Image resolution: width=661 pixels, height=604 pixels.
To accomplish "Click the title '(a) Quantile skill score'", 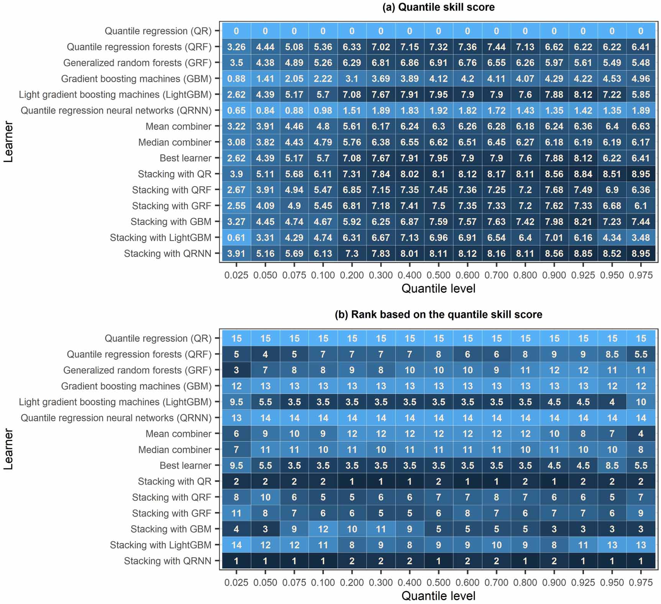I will [438, 7].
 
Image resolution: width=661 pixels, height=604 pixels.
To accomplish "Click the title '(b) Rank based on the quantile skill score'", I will [438, 315].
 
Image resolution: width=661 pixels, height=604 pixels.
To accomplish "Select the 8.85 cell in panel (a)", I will [583, 254].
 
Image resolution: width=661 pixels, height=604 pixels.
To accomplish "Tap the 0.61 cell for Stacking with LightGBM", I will [236, 238].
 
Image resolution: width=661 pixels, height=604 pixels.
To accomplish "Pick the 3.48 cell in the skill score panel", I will [640, 238].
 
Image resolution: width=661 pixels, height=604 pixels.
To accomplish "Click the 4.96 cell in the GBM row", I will [640, 79].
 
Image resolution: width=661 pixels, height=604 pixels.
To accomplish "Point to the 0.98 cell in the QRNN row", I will [323, 111].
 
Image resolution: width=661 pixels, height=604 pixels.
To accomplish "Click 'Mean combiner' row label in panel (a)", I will [178, 126].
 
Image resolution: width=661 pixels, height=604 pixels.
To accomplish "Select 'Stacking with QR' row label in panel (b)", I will [174, 481].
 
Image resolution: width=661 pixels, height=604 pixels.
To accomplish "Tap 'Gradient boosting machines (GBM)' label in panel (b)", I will [136, 386].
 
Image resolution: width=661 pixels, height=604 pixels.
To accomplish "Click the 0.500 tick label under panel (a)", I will [438, 275].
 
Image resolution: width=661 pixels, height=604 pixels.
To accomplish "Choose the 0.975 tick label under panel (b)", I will [640, 583].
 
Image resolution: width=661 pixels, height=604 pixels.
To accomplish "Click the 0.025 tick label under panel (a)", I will [236, 275].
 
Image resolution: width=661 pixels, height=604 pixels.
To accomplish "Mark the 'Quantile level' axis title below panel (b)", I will [438, 596].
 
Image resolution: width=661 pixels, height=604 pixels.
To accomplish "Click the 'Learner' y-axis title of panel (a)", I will [8, 142].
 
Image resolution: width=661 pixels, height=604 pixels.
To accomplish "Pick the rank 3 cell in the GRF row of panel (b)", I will [236, 370].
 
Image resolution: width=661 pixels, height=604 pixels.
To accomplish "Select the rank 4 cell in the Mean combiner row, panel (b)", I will [640, 434].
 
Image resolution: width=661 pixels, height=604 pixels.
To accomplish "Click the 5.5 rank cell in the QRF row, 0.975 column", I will [640, 355].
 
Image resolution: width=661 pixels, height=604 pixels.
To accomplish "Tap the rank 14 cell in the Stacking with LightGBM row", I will [236, 545].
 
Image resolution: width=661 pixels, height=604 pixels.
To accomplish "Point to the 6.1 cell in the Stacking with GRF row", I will [640, 206].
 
